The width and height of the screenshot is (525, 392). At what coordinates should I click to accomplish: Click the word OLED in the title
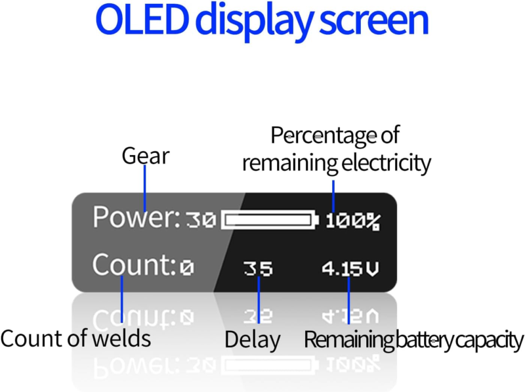[140, 20]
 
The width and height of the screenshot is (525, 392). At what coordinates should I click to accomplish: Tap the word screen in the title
[374, 20]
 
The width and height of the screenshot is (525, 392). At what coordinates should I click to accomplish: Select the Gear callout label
[146, 156]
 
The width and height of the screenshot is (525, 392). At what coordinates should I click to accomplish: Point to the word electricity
[386, 163]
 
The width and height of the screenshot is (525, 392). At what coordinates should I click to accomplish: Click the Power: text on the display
[136, 217]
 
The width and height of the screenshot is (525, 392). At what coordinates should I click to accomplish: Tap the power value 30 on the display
[201, 221]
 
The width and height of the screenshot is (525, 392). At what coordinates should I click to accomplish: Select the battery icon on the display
[270, 220]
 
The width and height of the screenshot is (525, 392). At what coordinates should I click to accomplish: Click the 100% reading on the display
[353, 221]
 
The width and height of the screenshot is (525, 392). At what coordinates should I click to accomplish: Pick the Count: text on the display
[134, 265]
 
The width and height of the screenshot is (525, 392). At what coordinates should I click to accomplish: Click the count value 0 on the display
[187, 268]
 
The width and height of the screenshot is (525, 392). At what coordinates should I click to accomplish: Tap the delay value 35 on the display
[258, 269]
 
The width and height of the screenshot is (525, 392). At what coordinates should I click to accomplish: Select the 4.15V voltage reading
[350, 269]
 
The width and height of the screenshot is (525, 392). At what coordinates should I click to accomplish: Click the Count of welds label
[75, 338]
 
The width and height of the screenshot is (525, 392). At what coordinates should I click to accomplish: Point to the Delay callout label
[253, 340]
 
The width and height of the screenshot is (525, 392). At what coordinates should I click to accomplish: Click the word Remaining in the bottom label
[348, 340]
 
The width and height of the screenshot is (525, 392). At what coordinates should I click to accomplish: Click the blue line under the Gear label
[144, 188]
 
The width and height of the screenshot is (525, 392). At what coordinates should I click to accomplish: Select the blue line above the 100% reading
[333, 196]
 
